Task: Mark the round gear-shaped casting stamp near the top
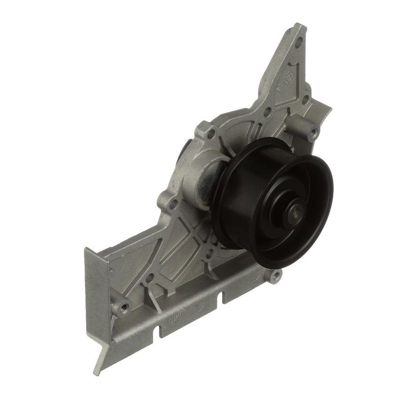(x=290, y=77)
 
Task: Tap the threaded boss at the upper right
(x=311, y=132)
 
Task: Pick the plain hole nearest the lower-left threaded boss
(x=148, y=279)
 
